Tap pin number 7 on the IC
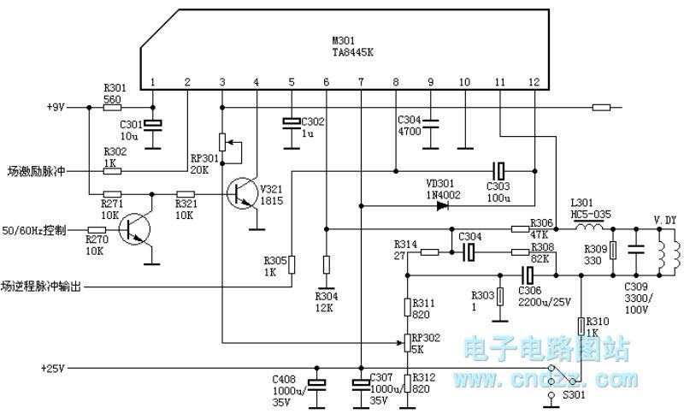coord(361,82)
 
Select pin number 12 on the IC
coord(534,82)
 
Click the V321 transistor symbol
coord(242,193)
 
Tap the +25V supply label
coord(53,369)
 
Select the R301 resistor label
coord(114,87)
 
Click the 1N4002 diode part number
coord(442,195)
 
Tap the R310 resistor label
coord(597,322)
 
